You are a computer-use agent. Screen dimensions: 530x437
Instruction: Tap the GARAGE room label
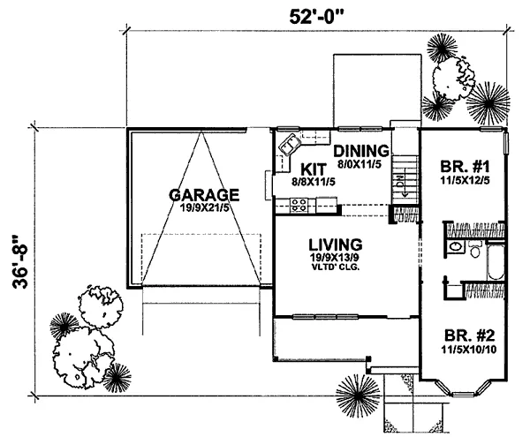click(x=204, y=195)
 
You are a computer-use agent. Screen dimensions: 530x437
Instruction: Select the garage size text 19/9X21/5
click(x=204, y=207)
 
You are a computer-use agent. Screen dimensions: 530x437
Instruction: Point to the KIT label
click(x=314, y=170)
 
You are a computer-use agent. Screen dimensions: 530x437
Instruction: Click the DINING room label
click(x=361, y=151)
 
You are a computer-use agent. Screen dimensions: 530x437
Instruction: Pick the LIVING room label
click(x=336, y=245)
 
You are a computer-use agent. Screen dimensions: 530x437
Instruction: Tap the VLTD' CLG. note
click(x=335, y=268)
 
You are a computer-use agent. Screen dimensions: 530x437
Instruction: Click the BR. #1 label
click(x=466, y=167)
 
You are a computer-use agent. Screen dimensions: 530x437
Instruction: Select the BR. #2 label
click(x=470, y=335)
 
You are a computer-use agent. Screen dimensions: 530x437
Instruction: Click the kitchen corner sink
click(x=290, y=144)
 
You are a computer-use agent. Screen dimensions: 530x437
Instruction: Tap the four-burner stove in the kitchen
click(x=299, y=206)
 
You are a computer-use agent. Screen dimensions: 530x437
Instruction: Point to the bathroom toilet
click(x=475, y=249)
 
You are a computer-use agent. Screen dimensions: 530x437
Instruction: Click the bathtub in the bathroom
click(x=496, y=261)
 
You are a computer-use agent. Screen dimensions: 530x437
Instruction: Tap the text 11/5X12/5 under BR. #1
click(x=466, y=181)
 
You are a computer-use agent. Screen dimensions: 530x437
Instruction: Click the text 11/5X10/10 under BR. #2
click(x=469, y=350)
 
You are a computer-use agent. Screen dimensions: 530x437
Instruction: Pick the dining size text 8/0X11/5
click(x=360, y=164)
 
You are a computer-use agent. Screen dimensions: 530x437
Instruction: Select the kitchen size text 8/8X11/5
click(x=314, y=183)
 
